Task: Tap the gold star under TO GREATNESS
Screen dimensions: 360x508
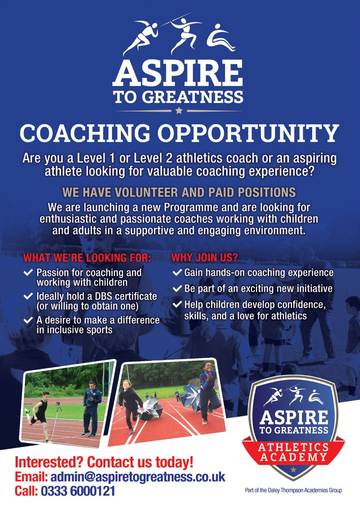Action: click(179, 111)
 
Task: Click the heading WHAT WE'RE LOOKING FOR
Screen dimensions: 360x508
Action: click(87, 258)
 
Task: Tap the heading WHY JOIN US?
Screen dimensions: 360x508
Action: click(204, 258)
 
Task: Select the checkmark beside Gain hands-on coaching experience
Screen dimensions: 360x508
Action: click(177, 272)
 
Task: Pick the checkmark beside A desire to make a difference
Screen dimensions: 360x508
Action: click(28, 320)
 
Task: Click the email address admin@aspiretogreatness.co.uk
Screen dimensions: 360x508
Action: click(138, 477)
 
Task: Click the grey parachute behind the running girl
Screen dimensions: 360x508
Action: click(150, 410)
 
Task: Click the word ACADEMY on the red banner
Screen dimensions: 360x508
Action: click(293, 456)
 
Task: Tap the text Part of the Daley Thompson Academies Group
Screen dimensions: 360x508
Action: click(293, 490)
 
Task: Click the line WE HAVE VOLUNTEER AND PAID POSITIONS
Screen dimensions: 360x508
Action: click(179, 192)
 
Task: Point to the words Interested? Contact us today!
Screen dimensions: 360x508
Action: click(104, 462)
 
